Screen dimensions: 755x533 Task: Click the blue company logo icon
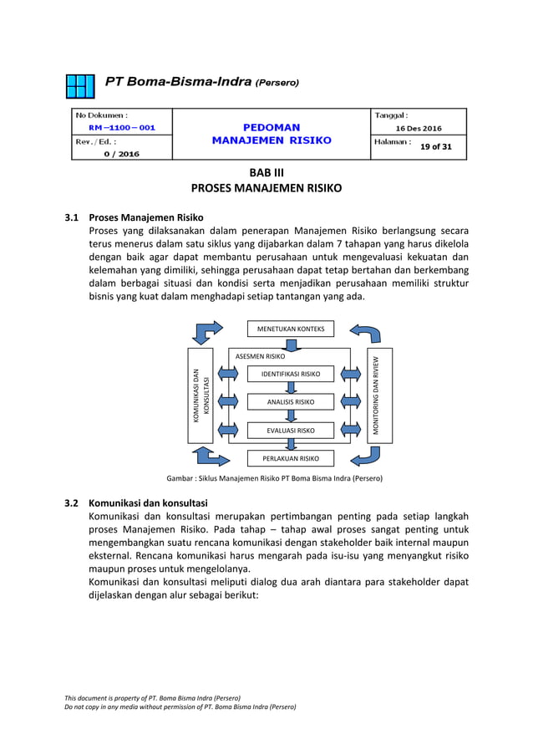coord(82,86)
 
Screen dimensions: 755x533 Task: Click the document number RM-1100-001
coord(121,128)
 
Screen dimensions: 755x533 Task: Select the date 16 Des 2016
coord(419,128)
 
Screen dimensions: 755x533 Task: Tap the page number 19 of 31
coord(435,146)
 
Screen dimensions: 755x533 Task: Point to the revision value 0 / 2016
coord(121,154)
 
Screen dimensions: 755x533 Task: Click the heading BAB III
coord(266,171)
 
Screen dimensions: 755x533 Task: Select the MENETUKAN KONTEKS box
coord(290,328)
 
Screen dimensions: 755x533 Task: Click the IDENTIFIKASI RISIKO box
coord(290,373)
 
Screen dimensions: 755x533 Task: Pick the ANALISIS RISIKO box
coord(290,402)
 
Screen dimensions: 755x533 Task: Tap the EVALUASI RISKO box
coord(290,431)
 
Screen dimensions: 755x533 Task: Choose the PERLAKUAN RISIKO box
coord(290,458)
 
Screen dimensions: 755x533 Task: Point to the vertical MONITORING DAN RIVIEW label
coord(379,395)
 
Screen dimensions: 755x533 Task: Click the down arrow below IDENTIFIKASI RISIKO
coord(291,388)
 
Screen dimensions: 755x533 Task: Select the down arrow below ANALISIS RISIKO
coord(291,417)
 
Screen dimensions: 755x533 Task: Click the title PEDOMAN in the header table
coord(272,126)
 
